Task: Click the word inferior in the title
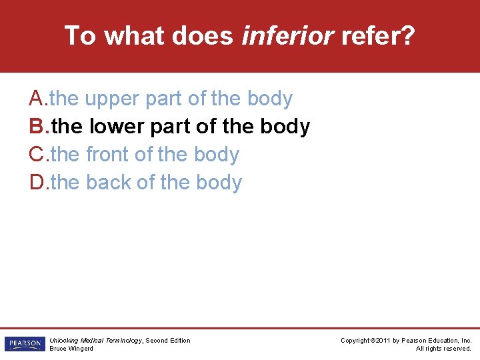click(x=287, y=35)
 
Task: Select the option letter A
click(x=37, y=99)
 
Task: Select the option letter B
click(x=37, y=127)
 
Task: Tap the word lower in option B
click(x=115, y=127)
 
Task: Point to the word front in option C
click(x=107, y=155)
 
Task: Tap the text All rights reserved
click(x=443, y=349)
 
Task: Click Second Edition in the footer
click(x=168, y=341)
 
